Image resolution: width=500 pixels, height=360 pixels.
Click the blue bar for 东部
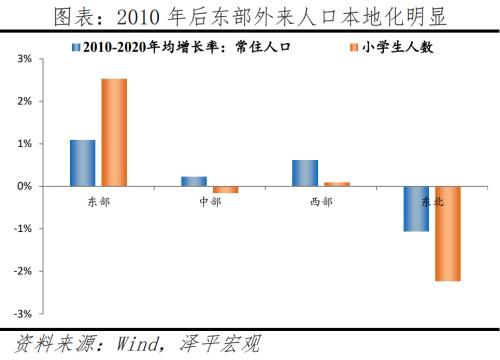(x=83, y=163)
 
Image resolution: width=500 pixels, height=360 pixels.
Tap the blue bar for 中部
(x=194, y=181)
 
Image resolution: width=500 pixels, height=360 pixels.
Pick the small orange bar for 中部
(x=225, y=189)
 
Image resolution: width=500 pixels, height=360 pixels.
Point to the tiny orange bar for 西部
(x=336, y=184)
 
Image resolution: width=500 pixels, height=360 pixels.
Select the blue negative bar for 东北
(x=416, y=208)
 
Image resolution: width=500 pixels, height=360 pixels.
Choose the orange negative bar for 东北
(x=447, y=233)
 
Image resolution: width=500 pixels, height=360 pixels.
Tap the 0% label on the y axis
(x=25, y=186)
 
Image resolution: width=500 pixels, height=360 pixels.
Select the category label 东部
(x=99, y=201)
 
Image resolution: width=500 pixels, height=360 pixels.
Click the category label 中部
(x=210, y=201)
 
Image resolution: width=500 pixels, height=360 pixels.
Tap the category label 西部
(x=321, y=201)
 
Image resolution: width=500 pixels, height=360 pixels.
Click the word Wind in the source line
(x=127, y=344)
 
